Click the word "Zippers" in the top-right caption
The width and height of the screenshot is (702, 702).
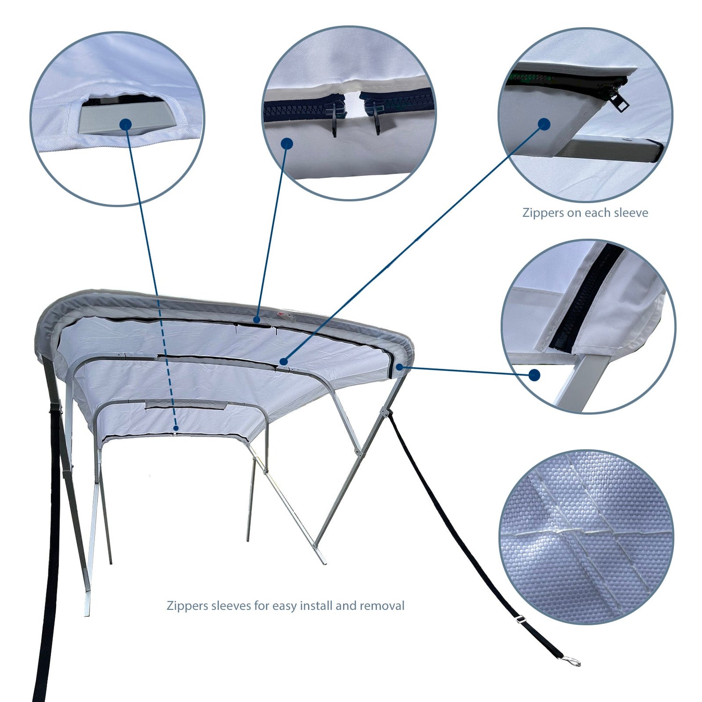[x=543, y=213]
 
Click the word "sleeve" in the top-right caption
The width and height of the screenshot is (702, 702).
[x=631, y=213]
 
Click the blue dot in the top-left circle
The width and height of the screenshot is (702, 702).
[x=125, y=124]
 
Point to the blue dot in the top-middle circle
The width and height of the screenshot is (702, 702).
[x=287, y=143]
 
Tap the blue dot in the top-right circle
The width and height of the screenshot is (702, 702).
[x=544, y=124]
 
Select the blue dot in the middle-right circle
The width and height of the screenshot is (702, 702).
[x=534, y=375]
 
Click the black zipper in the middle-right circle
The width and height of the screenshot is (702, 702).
[x=585, y=300]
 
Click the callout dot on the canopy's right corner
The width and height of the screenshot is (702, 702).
[x=399, y=367]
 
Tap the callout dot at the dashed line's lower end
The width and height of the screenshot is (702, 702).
[x=175, y=428]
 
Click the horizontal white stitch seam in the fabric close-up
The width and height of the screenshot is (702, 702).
[x=552, y=531]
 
